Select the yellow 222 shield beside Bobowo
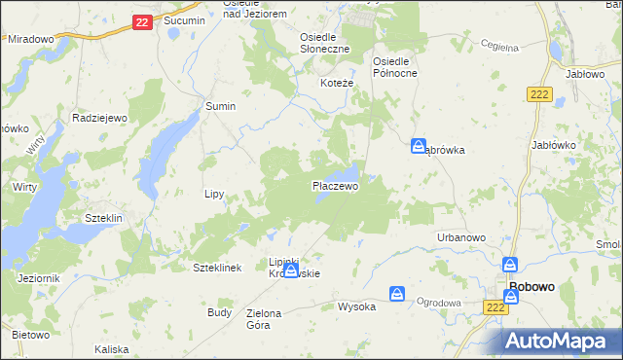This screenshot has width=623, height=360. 495,306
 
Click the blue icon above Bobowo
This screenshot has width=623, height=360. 510,265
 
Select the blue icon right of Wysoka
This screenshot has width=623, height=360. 397,294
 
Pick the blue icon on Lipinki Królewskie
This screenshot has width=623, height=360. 290,270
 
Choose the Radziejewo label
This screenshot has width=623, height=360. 100,117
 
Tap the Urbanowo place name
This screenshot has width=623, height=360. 461,237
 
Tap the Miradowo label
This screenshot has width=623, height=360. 30,39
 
